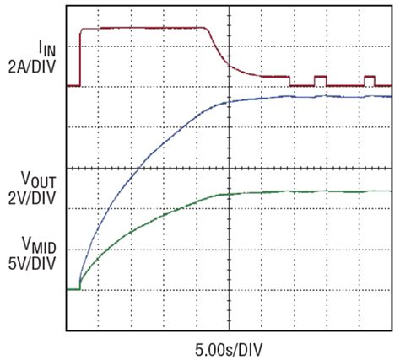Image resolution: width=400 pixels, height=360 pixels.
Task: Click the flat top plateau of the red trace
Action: point(143,28)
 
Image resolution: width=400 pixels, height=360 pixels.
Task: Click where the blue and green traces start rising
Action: point(79,287)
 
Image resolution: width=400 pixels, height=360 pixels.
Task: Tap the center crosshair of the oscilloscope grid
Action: point(229,167)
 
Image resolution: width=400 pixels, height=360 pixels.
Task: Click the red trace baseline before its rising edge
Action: point(73,85)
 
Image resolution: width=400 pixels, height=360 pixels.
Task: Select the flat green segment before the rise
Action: point(73,289)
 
